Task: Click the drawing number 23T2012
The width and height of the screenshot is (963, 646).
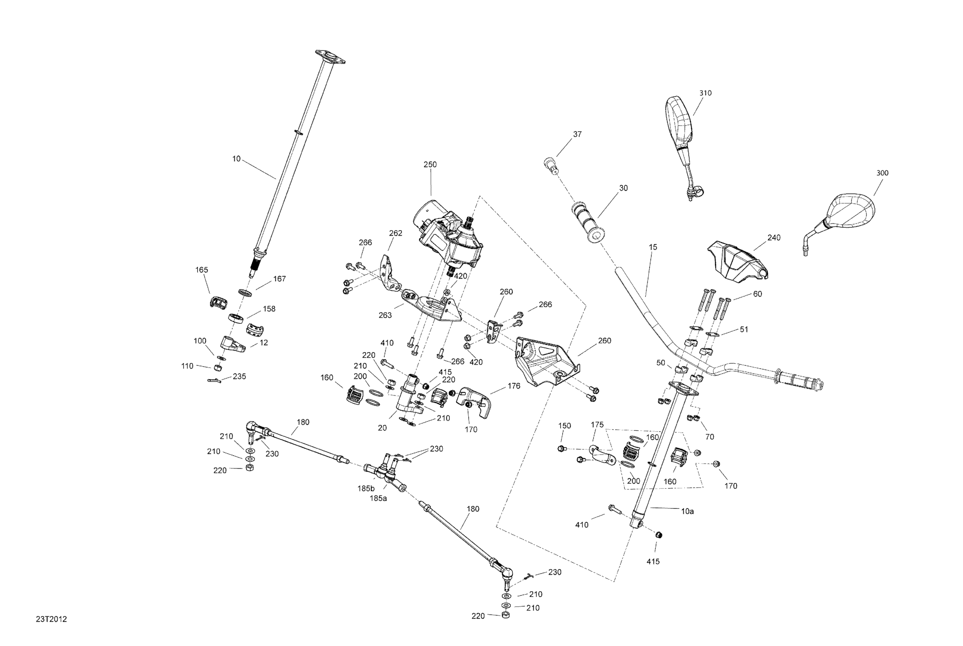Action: point(51,619)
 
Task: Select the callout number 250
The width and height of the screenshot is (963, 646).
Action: point(430,165)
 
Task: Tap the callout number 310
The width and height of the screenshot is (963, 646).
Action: point(705,93)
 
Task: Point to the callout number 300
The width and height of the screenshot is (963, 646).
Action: point(882,173)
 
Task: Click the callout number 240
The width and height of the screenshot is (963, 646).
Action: point(774,238)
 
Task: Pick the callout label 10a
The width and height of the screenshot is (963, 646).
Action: point(687,511)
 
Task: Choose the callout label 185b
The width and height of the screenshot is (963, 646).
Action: point(366,489)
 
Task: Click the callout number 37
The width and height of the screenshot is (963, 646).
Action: point(577,134)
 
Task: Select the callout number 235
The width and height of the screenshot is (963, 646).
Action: point(239,377)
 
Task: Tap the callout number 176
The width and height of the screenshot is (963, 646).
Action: point(514,386)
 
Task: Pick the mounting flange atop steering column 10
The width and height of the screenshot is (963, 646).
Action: point(330,57)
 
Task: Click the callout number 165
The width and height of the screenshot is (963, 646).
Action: point(201,270)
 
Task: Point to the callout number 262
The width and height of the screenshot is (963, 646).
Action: point(395,233)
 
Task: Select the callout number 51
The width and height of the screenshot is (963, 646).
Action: point(743,329)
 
